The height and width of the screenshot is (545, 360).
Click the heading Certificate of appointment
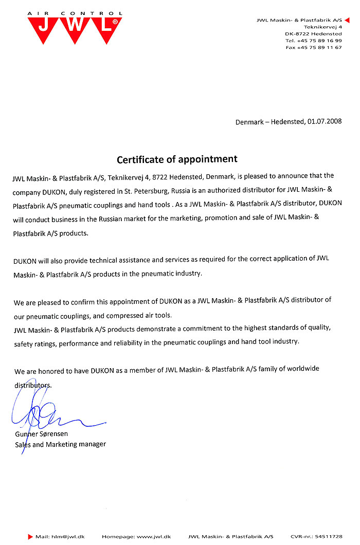[x=177, y=159]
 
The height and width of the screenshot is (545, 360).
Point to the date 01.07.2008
[x=325, y=122]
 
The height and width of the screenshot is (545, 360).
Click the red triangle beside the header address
[x=347, y=19]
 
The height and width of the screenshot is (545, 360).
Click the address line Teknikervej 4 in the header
[x=323, y=26]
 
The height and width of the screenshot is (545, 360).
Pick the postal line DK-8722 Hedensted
[x=314, y=33]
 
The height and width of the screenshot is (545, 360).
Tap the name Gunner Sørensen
[x=42, y=434]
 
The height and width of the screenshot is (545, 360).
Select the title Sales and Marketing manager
[x=60, y=444]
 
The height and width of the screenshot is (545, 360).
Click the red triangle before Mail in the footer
[x=30, y=536]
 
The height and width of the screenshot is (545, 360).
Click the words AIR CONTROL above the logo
[x=75, y=13]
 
